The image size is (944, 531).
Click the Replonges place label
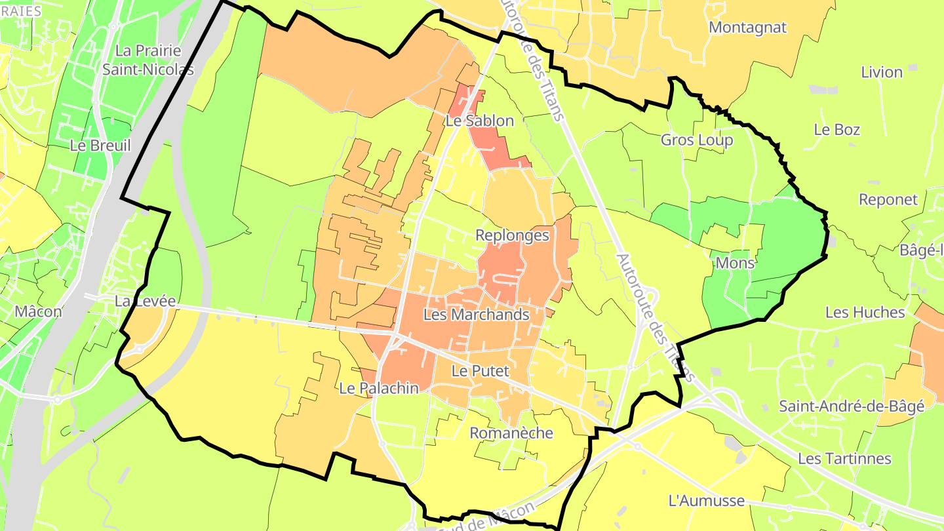pos(512,235)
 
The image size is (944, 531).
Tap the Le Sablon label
pos(479,121)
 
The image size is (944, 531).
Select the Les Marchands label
pos(476,315)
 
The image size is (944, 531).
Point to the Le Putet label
pos(480,371)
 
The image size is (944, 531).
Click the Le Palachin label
pos(378,388)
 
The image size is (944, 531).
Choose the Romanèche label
pos(511,433)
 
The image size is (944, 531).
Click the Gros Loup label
pos(696,140)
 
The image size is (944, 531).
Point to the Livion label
pos(882,72)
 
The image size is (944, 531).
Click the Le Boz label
pos(836,130)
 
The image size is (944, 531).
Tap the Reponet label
pos(888,200)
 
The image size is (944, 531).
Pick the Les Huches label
pos(865,313)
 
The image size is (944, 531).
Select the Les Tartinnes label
pos(844,458)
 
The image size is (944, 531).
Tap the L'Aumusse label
pos(706,501)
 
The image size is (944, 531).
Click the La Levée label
pos(145,302)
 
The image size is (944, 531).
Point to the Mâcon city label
pos(38,311)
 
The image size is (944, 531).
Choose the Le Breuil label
pos(100,146)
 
